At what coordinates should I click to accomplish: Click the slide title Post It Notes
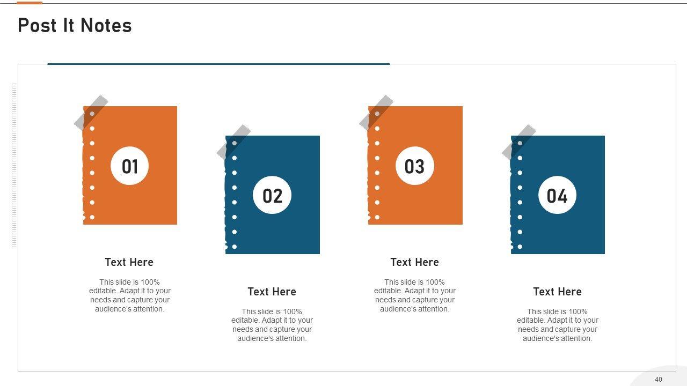75,25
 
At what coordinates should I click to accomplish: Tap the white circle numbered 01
130,166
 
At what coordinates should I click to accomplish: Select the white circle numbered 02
272,195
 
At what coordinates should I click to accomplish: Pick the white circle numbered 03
415,166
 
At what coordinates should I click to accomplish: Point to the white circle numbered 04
557,195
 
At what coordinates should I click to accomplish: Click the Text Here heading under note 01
129,262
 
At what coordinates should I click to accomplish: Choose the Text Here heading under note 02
272,292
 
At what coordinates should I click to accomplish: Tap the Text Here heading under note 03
415,262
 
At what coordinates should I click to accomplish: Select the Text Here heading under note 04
557,292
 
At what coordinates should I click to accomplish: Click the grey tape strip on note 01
91,113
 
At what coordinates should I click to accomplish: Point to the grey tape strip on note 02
233,142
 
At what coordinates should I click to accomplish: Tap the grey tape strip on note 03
376,113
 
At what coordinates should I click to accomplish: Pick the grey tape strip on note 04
519,142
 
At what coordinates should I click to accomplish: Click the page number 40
659,379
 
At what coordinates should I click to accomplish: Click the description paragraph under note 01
130,295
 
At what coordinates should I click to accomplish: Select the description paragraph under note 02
272,325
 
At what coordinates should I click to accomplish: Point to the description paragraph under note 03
415,295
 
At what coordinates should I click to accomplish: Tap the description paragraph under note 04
557,325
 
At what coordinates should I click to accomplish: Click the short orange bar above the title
30,3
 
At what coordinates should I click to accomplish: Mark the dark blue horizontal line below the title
218,64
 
